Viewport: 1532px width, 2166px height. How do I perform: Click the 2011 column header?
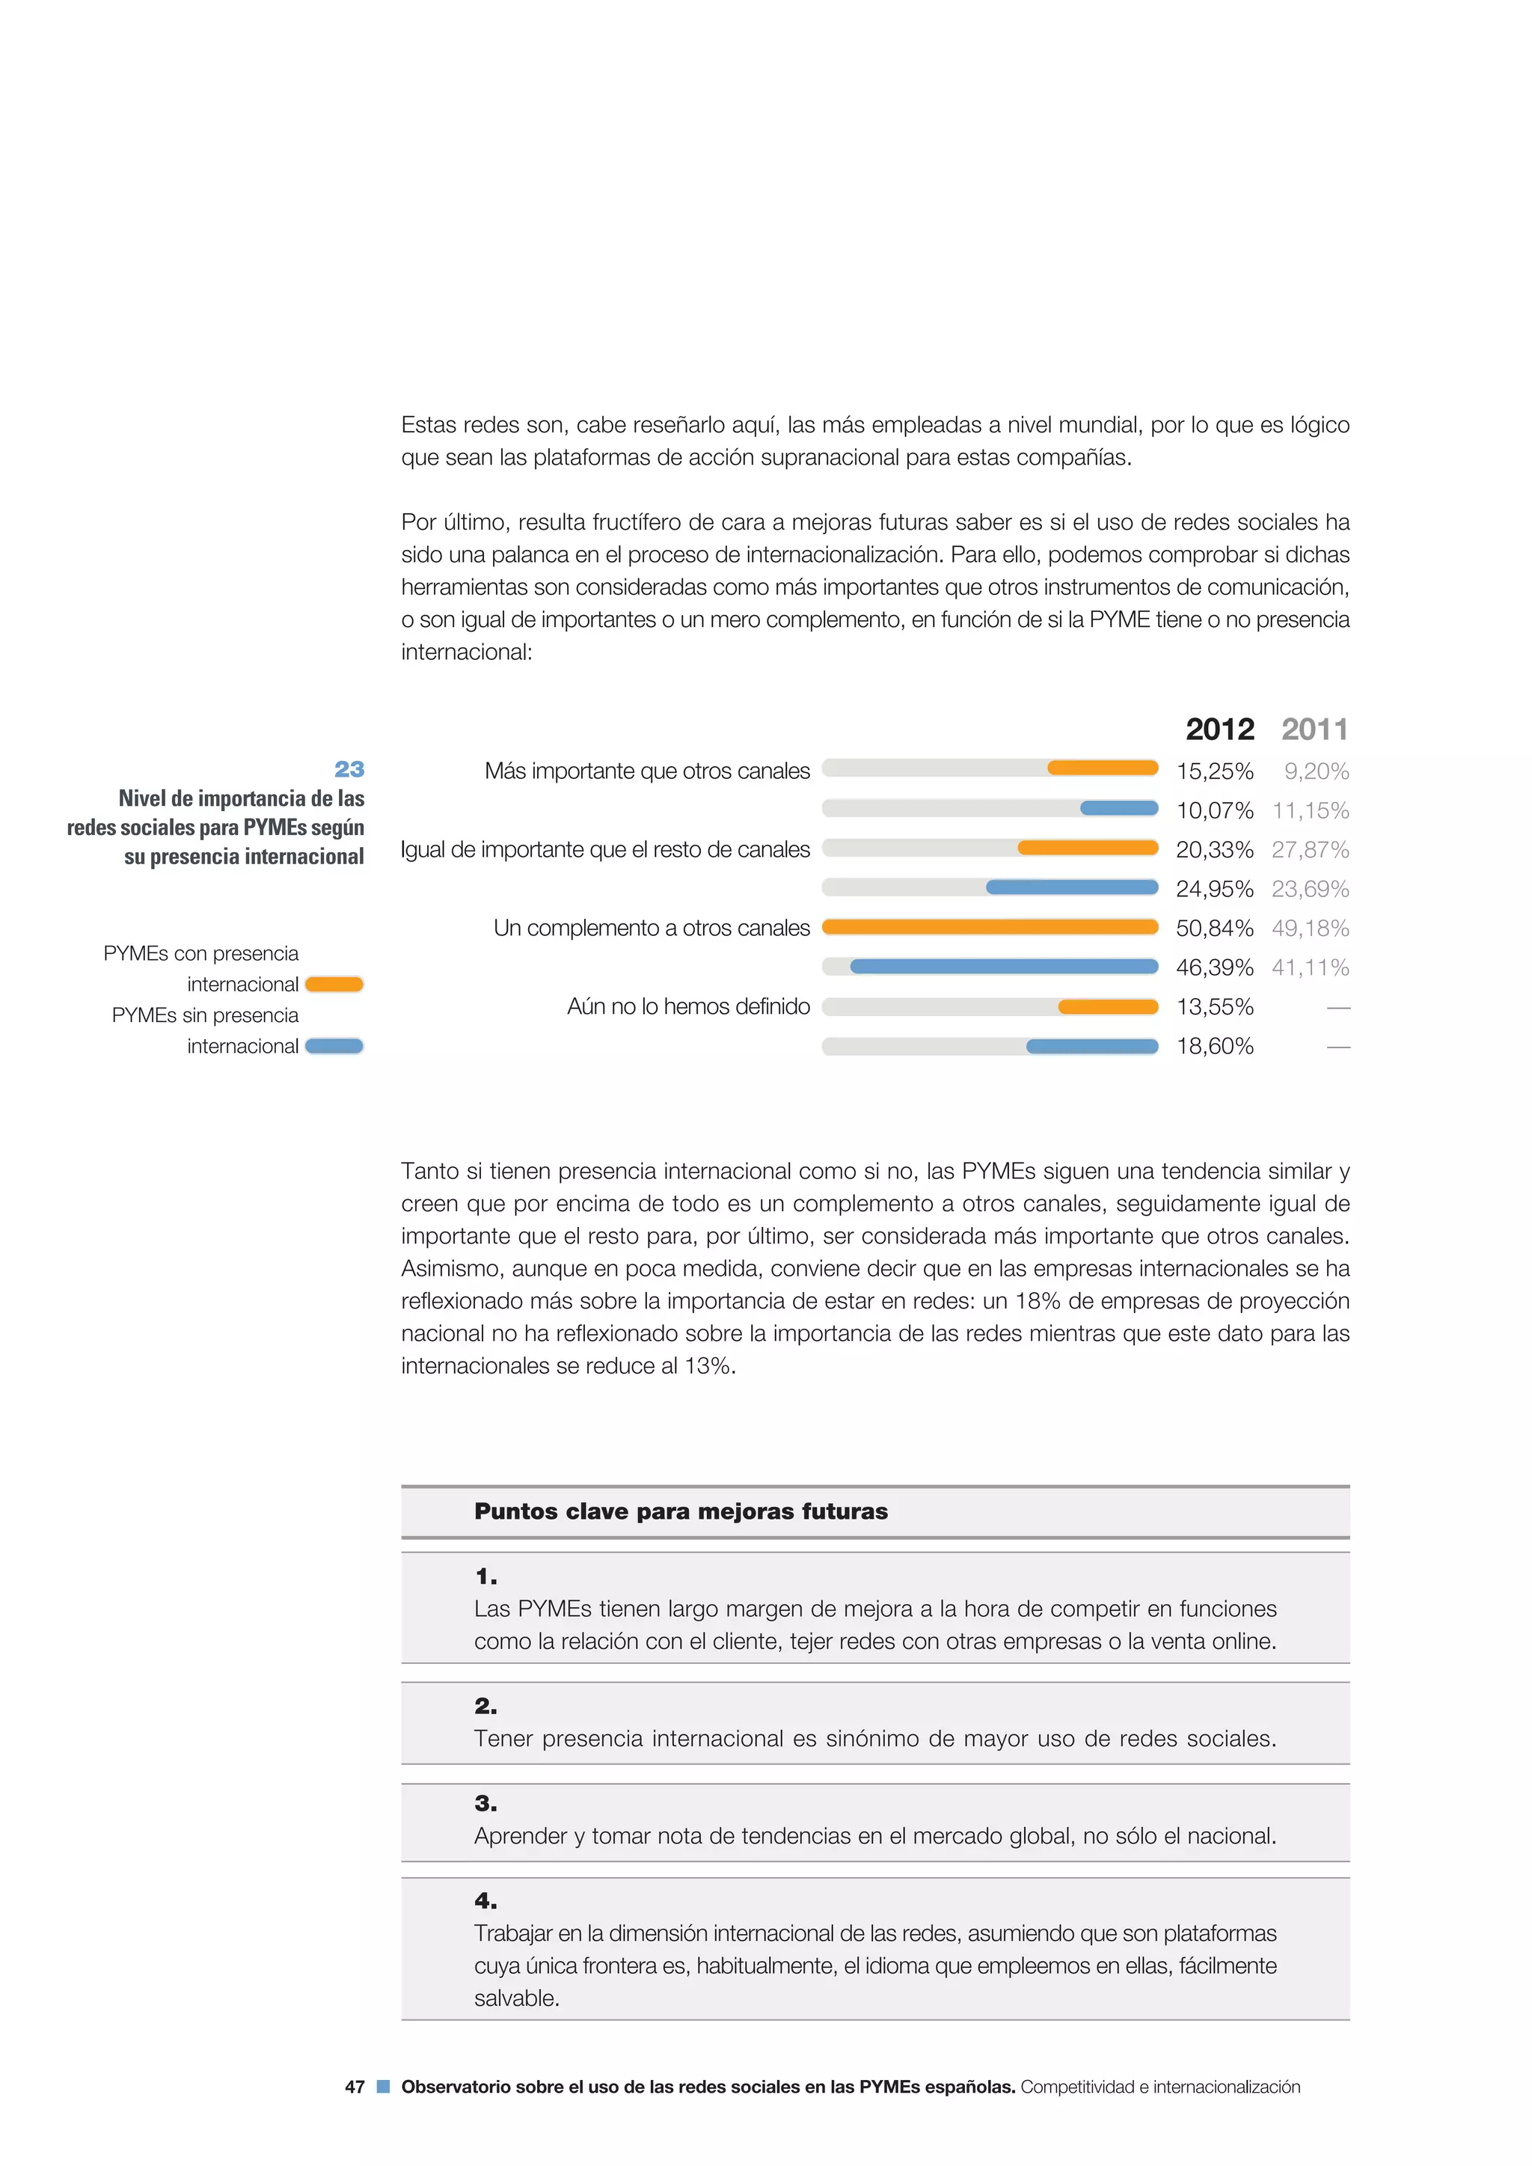point(1314,729)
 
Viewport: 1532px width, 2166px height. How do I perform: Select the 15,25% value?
point(1214,771)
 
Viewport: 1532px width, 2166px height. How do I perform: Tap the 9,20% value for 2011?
point(1316,771)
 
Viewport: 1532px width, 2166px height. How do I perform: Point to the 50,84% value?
point(1214,928)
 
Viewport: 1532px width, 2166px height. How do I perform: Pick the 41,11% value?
point(1311,968)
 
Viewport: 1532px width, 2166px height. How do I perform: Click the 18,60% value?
point(1214,1046)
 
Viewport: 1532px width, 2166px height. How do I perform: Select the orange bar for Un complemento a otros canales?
point(990,927)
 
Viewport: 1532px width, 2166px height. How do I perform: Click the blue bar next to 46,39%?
point(1004,967)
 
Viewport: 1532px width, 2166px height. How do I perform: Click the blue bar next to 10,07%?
point(1119,809)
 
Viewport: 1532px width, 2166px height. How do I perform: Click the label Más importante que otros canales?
point(646,771)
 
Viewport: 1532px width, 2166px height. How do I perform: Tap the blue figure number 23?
point(349,769)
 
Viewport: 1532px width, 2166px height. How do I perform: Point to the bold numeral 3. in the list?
point(485,1803)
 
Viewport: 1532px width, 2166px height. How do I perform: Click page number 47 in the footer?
point(355,2087)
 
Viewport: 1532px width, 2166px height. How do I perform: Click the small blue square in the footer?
point(383,2087)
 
